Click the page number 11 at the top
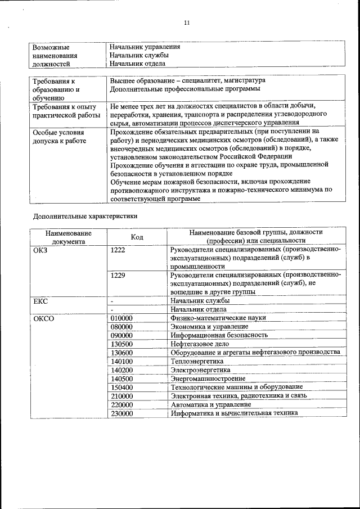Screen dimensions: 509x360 click(187, 22)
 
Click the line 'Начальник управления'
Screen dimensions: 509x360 click(145, 46)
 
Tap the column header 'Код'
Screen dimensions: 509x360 click(137, 237)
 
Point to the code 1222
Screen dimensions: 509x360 click(118, 249)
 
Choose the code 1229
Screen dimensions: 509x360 click(118, 275)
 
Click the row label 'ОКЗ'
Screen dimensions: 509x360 click(41, 249)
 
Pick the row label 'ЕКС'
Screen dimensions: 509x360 click(41, 301)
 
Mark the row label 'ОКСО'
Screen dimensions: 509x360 click(43, 318)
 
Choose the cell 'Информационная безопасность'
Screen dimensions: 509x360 click(219, 335)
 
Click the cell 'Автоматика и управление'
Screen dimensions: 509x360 click(211, 404)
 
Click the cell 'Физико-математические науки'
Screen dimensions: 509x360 click(218, 318)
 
